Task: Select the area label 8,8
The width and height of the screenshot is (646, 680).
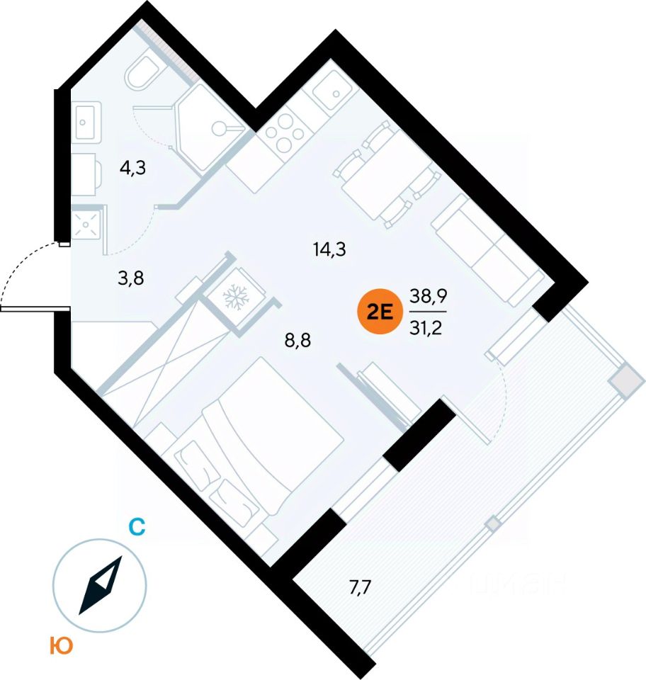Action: click(x=298, y=340)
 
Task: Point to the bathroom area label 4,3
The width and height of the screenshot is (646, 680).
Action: click(x=133, y=169)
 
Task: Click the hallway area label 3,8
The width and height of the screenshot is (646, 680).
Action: click(x=130, y=278)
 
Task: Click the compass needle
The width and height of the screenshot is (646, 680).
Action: click(x=100, y=585)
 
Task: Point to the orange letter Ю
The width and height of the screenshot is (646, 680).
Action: click(x=62, y=645)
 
